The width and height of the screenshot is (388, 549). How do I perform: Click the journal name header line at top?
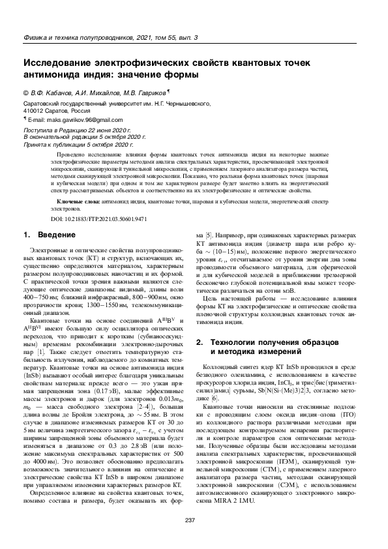pyautogui.click(x=110, y=38)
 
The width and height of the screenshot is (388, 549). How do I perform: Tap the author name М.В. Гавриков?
pyautogui.click(x=145, y=92)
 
